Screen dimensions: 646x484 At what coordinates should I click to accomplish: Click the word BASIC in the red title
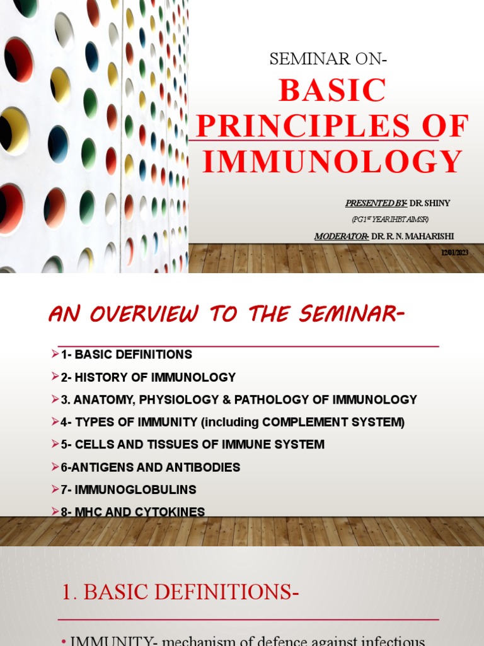pyautogui.click(x=332, y=91)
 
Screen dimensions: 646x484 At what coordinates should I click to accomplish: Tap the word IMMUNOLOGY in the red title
pyautogui.click(x=332, y=161)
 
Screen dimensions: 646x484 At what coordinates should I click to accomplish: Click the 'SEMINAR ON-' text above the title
pyautogui.click(x=328, y=59)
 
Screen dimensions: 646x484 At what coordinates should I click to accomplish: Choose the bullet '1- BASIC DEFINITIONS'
pyautogui.click(x=126, y=355)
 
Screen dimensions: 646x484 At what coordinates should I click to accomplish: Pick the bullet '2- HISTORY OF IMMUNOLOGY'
pyautogui.click(x=148, y=377)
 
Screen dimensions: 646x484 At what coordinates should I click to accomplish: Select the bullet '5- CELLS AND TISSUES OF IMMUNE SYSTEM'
pyautogui.click(x=192, y=444)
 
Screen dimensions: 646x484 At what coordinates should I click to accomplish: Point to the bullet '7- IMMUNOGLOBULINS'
pyautogui.click(x=129, y=490)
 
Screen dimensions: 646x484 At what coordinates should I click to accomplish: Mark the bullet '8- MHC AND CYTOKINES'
pyautogui.click(x=132, y=512)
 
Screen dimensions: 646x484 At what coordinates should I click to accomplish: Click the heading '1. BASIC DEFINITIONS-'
pyautogui.click(x=180, y=593)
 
